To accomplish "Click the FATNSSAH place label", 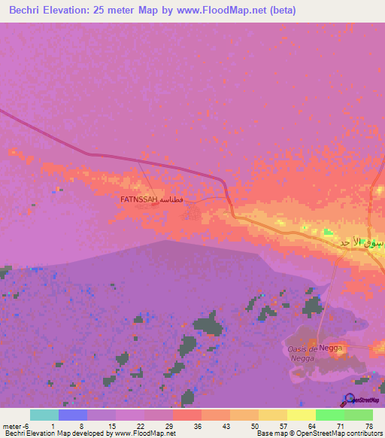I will click(138, 200).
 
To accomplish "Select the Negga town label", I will click(331, 348).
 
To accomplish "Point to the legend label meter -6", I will click(14, 425).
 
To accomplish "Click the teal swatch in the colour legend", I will click(44, 415).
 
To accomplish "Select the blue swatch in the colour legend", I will click(72, 415).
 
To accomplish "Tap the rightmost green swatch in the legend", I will click(358, 415).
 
